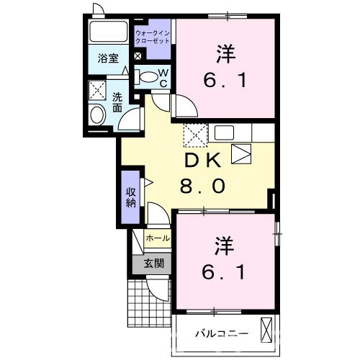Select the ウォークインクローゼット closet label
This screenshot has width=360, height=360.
pyautogui.click(x=153, y=37)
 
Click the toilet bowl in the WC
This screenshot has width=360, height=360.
pyautogui.click(x=148, y=76)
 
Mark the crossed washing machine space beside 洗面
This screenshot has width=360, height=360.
pyautogui.click(x=96, y=91)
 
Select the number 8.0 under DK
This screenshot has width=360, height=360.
pyautogui.click(x=202, y=186)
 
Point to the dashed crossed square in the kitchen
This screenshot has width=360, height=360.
pyautogui.click(x=195, y=134)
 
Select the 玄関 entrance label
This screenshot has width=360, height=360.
pyautogui.click(x=152, y=263)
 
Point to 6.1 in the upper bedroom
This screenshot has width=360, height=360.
pyautogui.click(x=225, y=80)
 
